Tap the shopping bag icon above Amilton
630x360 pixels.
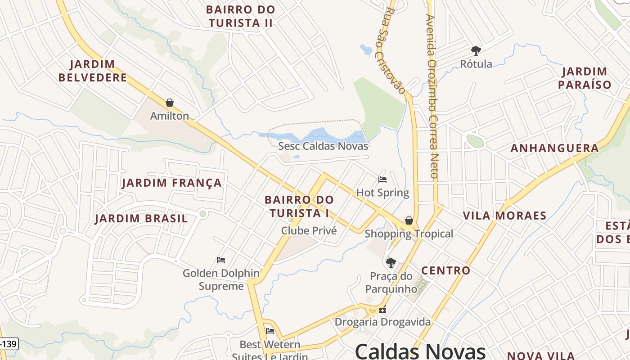pos(170,103)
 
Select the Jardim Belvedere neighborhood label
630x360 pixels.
pos(93,71)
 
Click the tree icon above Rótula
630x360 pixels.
pos(476,50)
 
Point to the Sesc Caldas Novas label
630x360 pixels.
pos(323,146)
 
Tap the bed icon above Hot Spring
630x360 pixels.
pos(382,180)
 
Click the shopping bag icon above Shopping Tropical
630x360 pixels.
pos(409,220)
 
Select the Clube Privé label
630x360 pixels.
pos(309,230)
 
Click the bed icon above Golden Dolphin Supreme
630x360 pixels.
pos(220,260)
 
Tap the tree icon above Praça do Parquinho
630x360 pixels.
pos(391,262)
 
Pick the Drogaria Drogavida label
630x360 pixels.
pos(382,322)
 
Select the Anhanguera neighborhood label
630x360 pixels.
pos(554,148)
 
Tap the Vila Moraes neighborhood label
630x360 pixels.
pos(505,215)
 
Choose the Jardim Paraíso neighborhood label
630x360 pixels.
pos(585,78)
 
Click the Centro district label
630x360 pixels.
pos(445,270)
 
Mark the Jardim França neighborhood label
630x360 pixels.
pos(172,183)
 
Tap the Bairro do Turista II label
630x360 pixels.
pos(240,16)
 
